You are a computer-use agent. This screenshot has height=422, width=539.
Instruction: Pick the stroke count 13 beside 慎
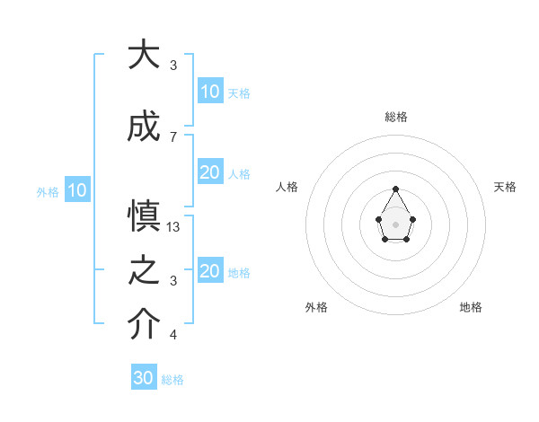pyautogui.click(x=174, y=227)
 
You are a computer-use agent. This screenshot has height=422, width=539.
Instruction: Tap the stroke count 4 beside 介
pyautogui.click(x=172, y=335)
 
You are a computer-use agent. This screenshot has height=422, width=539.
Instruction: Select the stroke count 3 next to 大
pyautogui.click(x=172, y=65)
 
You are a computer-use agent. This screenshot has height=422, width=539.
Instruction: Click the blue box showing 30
pyautogui.click(x=144, y=378)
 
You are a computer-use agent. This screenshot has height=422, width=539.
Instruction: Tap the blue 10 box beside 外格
pyautogui.click(x=77, y=190)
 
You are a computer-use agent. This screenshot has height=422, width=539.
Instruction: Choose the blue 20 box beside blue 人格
pyautogui.click(x=210, y=172)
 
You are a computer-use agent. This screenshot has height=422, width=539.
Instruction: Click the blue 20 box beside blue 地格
pyautogui.click(x=210, y=271)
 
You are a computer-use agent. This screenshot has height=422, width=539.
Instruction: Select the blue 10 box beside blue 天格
pyautogui.click(x=210, y=92)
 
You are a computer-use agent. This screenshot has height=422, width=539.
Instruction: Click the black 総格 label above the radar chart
pyautogui.click(x=396, y=117)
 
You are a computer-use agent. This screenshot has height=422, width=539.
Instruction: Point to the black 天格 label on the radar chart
pyautogui.click(x=505, y=187)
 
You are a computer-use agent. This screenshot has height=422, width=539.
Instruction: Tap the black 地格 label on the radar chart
pyautogui.click(x=471, y=307)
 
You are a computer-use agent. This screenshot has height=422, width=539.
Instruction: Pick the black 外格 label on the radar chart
pyautogui.click(x=316, y=307)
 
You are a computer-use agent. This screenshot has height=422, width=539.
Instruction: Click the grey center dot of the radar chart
pyautogui.click(x=395, y=224)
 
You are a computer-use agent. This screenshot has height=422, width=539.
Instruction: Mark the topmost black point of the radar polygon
pyautogui.click(x=395, y=189)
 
